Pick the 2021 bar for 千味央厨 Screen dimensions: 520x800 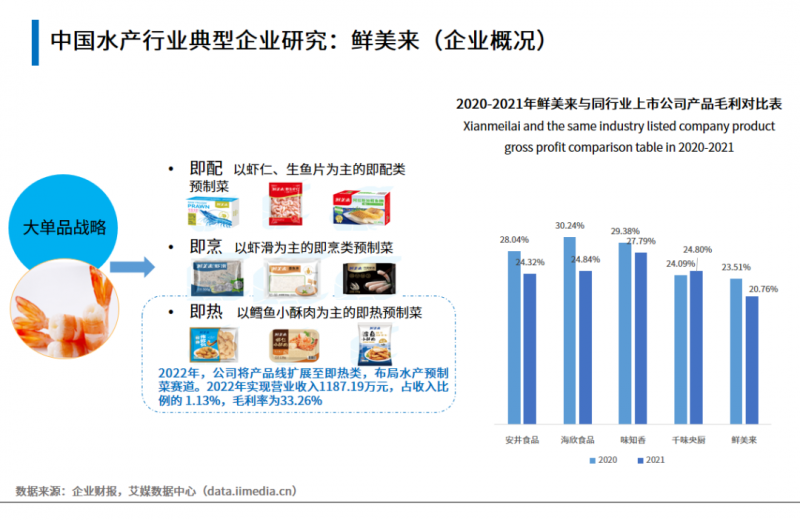696,349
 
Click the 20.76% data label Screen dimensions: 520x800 761,288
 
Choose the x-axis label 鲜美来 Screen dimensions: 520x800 743,440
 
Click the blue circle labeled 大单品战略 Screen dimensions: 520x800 64,227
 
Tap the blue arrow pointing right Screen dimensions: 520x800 131,267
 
